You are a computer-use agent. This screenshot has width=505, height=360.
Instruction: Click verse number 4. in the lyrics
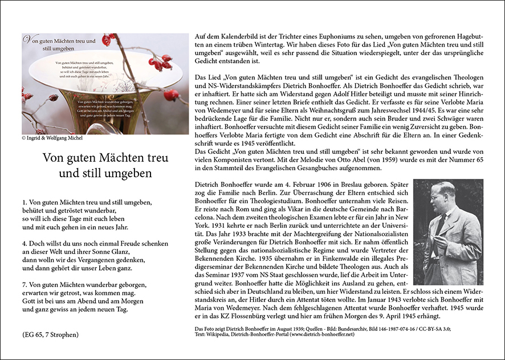(26, 242)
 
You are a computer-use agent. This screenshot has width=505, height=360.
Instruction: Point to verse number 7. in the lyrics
(26, 283)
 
